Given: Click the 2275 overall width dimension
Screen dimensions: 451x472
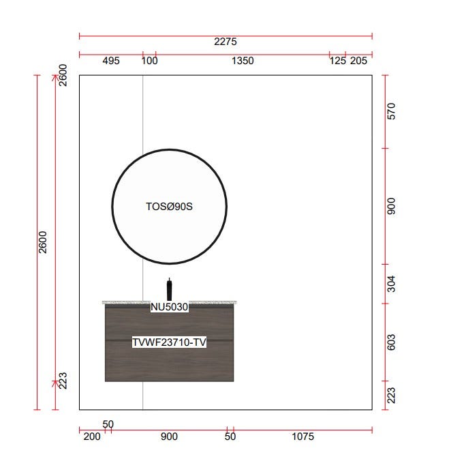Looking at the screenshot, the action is coord(226,42).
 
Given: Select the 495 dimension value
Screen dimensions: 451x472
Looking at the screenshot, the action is coord(111,61).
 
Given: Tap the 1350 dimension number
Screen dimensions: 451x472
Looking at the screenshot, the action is coord(243,61).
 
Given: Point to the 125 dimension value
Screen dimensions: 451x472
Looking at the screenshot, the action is coord(338,61).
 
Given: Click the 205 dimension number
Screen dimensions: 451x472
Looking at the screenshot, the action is coord(358,61).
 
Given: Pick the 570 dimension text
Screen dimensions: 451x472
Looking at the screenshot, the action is coord(391,111).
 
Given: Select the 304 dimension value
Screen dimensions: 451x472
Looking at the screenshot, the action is coord(391,284).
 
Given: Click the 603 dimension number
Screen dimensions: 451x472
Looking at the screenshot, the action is coord(391,342).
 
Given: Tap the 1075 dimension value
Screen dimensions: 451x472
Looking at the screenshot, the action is coord(302,437).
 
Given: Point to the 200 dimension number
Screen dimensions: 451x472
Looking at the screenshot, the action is coord(92,437).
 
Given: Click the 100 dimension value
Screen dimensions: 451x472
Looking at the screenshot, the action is coord(149,61).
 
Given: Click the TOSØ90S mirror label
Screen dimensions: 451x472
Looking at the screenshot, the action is coord(169,207).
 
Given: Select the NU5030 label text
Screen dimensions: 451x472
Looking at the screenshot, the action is coord(169,307).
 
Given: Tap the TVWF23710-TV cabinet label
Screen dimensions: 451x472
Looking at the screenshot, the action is coord(169,342).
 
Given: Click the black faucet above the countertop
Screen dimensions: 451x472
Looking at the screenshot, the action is coord(169,289).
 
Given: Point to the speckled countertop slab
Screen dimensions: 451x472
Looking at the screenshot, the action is coord(169,302).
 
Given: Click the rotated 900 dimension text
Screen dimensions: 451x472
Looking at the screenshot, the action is coord(391,206).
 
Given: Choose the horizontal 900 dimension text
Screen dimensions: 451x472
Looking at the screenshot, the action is coord(169,437).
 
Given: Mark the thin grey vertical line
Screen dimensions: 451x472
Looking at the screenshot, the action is coord(142,242).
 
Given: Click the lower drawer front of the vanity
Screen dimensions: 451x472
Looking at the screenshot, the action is coord(169,362).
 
